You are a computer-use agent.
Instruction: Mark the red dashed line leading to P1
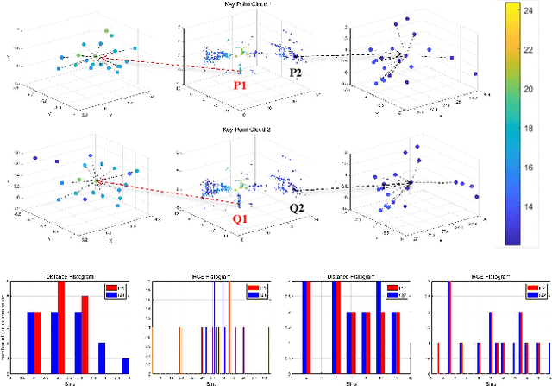[x=164, y=68]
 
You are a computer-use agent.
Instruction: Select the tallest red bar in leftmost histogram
[x=60, y=328]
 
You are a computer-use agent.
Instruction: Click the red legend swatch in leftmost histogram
[x=110, y=288]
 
